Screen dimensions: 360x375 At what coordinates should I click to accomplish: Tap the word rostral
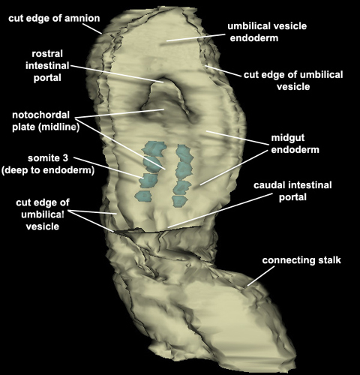[x=47, y=54]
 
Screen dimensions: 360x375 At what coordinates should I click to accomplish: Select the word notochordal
[x=40, y=115]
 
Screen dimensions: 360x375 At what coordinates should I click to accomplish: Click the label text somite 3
[x=48, y=158]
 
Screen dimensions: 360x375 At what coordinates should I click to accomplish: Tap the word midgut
[x=288, y=138]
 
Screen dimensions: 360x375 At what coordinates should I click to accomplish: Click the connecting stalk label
[x=301, y=260]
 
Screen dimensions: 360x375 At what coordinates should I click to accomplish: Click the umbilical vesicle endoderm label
[x=267, y=32]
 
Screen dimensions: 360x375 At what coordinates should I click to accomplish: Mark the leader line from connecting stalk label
[x=261, y=276]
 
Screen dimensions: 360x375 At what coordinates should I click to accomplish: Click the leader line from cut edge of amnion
[x=91, y=28]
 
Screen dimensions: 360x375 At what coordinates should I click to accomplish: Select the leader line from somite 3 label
[x=109, y=167]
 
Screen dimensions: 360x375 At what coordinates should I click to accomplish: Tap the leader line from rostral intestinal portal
[x=117, y=73]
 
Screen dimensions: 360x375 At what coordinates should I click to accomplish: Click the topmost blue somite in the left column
[x=154, y=148]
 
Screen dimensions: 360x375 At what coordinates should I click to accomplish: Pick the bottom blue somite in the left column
[x=143, y=196]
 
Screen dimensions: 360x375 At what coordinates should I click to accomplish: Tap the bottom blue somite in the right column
[x=179, y=201]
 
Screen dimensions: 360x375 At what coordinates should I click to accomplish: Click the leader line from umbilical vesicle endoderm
[x=196, y=37]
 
